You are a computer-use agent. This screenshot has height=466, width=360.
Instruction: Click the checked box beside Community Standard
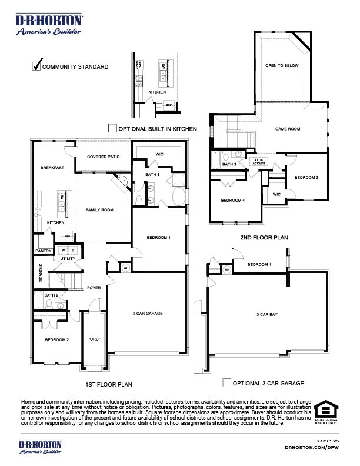point(36,66)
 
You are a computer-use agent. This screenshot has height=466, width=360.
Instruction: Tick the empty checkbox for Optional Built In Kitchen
point(112,128)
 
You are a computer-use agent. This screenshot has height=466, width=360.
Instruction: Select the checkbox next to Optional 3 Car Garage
point(226,383)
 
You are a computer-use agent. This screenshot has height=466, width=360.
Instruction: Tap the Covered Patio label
point(104,157)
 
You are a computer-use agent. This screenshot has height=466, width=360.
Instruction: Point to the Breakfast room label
point(52,168)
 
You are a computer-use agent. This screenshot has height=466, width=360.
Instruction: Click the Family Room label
point(99,209)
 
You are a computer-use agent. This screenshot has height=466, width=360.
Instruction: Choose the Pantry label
point(43,251)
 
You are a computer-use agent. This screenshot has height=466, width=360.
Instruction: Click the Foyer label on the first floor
point(94,288)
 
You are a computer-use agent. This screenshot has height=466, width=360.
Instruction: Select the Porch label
point(94,339)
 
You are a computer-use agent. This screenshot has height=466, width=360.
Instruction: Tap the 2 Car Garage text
point(148,314)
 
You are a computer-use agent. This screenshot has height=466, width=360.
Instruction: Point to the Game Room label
point(288,129)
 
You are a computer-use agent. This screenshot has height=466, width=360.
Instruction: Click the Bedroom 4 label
point(232,200)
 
